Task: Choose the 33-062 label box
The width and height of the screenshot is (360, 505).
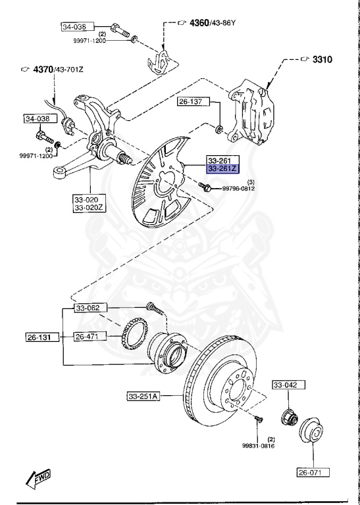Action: [88, 308]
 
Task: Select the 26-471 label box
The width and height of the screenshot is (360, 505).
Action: [88, 337]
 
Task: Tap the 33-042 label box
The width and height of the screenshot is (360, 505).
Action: [286, 384]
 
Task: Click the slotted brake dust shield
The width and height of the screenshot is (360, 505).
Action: [161, 185]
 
